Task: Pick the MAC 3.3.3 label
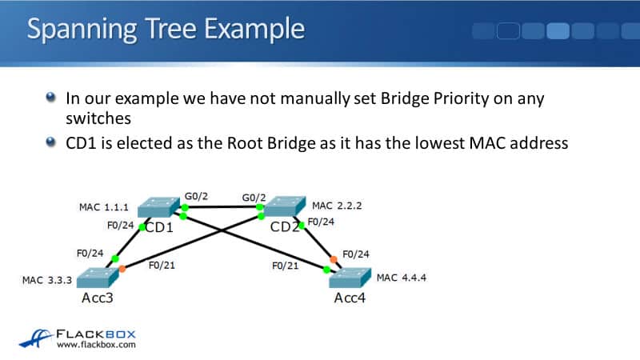click(46, 281)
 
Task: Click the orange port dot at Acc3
click(122, 268)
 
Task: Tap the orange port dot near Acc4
click(333, 258)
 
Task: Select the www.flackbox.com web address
click(96, 345)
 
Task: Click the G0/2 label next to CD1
click(195, 195)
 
